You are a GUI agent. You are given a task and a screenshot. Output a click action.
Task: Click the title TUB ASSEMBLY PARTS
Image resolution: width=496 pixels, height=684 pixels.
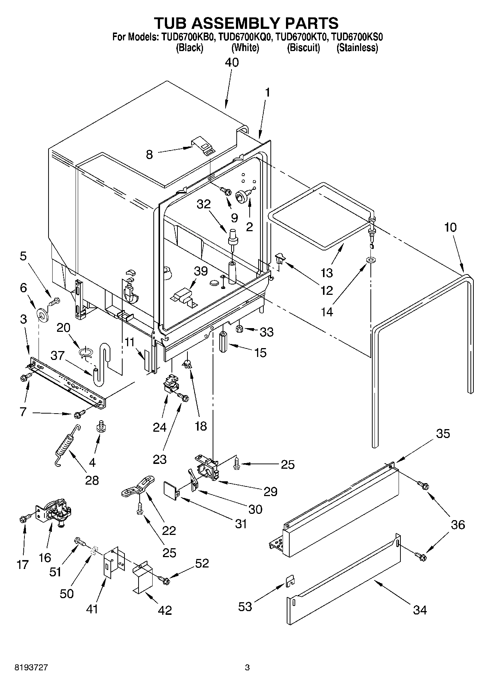tap(246, 23)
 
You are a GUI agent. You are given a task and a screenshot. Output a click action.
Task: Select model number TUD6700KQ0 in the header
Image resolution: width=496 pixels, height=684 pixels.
tap(245, 37)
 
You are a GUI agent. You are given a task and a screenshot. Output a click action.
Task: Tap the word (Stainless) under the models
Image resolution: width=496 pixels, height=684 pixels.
tap(357, 48)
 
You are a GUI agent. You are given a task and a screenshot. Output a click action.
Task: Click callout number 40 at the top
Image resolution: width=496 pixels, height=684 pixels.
tap(232, 63)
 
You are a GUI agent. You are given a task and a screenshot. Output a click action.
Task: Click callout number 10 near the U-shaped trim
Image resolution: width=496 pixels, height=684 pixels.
tap(450, 227)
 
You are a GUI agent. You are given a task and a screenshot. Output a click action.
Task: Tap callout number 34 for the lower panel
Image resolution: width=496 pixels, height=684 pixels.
tap(420, 610)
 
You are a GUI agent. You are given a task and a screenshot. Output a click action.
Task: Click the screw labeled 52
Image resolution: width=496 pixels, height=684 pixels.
tap(164, 580)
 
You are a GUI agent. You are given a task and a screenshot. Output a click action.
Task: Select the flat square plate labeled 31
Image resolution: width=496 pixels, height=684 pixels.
tap(171, 489)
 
